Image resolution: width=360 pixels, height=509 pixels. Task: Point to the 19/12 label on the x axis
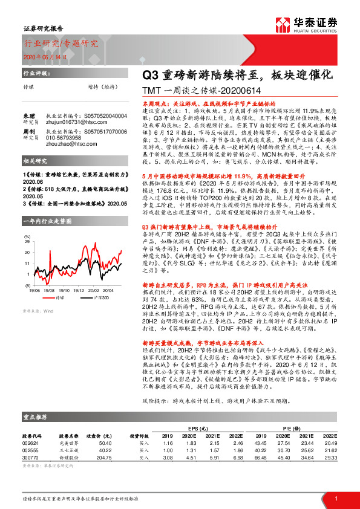click(x=82, y=290)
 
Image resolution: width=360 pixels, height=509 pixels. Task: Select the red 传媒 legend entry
click(x=57, y=297)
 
